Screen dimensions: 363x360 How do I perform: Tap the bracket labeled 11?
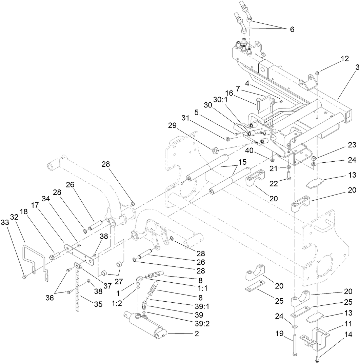(316, 339)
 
